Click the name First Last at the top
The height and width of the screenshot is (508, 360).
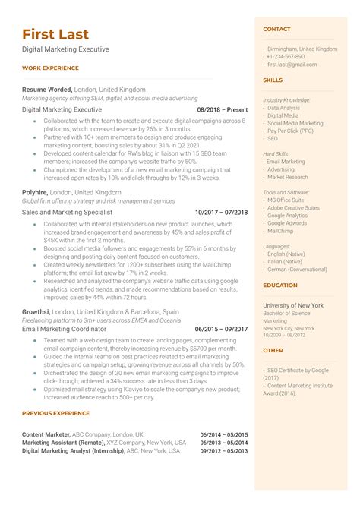tap(55, 34)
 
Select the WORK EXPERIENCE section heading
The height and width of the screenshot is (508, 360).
tap(50, 68)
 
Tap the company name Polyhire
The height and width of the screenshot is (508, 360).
tap(35, 193)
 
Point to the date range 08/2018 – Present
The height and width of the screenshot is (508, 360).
tap(222, 109)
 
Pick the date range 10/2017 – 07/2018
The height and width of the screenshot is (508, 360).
tap(221, 212)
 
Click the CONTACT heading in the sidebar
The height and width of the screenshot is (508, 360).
tap(276, 29)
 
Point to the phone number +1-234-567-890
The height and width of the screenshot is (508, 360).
tap(286, 57)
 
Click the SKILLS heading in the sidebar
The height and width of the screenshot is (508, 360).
tap(273, 80)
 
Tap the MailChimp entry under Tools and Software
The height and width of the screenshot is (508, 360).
tap(281, 232)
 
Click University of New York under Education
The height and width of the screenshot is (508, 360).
tap(293, 304)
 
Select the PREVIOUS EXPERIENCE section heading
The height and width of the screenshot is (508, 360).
tap(55, 413)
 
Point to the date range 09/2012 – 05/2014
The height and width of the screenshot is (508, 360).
tap(223, 450)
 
